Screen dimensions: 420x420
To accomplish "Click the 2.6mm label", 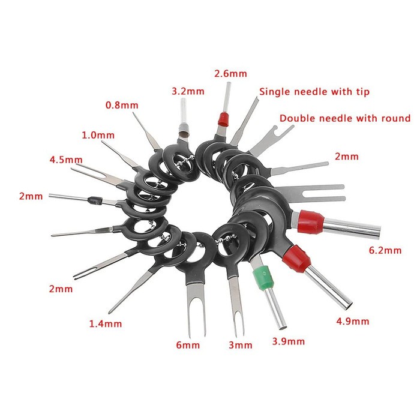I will coord(230,74).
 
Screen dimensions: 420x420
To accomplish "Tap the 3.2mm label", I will coord(188,92).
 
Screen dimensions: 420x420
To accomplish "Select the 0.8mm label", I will coord(122,104).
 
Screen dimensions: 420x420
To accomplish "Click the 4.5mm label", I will coord(65,160).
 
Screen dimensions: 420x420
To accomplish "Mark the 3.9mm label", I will coord(289,341).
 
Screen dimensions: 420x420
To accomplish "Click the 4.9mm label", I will coord(353,322).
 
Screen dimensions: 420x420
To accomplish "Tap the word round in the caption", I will coord(397,118).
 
